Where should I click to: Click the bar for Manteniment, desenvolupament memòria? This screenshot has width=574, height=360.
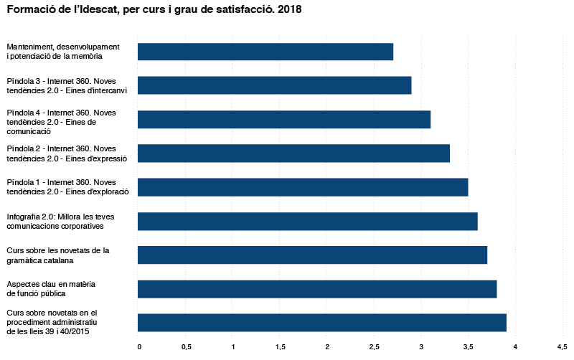pyautogui.click(x=265, y=52)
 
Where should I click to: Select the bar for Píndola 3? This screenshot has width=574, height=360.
pyautogui.click(x=274, y=85)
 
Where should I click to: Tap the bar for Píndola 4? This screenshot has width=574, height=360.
pyautogui.click(x=284, y=119)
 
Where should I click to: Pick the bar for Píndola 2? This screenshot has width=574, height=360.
pyautogui.click(x=293, y=153)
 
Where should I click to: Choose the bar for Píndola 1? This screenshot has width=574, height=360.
pyautogui.click(x=303, y=186)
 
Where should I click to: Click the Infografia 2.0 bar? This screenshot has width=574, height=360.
pyautogui.click(x=308, y=221)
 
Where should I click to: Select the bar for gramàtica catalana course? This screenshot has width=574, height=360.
pyautogui.click(x=312, y=255)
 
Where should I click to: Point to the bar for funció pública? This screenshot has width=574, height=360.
pyautogui.click(x=317, y=288)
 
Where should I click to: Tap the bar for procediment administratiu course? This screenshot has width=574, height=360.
pyautogui.click(x=322, y=322)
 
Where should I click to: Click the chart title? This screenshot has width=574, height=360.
pyautogui.click(x=154, y=10)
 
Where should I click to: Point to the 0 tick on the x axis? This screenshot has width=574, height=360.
pyautogui.click(x=138, y=347)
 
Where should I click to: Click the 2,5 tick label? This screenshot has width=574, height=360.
pyautogui.click(x=375, y=347)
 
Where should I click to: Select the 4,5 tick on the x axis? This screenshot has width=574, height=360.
pyautogui.click(x=563, y=347)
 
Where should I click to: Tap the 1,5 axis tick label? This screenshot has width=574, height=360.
pyautogui.click(x=280, y=347)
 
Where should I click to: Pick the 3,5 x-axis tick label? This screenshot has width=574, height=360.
pyautogui.click(x=469, y=347)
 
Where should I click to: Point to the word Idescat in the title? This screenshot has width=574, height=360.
pyautogui.click(x=103, y=10)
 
